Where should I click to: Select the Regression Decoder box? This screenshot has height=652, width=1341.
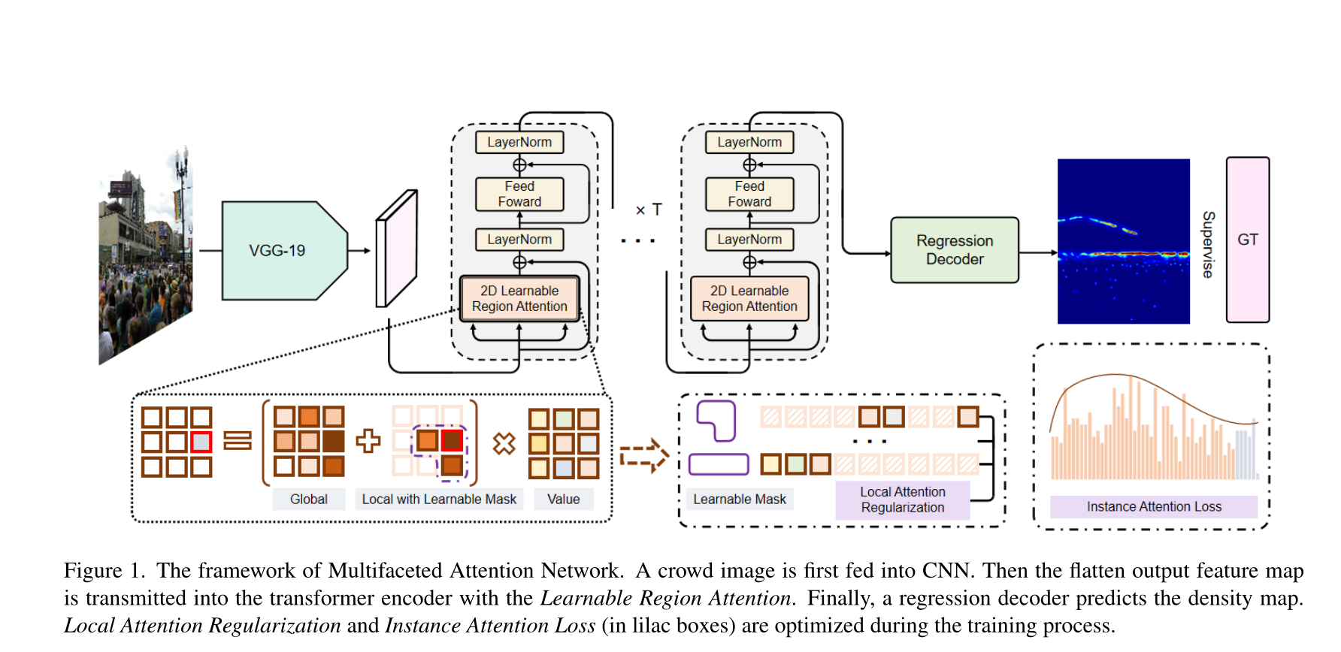coord(955,250)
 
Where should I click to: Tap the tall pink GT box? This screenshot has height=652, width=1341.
coord(1248,240)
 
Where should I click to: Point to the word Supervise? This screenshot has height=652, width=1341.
coord(1208,244)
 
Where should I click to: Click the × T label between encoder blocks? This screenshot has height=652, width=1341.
coord(649,210)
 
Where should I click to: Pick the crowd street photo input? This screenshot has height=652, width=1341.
coord(145,255)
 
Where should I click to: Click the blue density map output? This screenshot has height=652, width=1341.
coord(1123,241)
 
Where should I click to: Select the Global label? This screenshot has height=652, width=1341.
coord(308,500)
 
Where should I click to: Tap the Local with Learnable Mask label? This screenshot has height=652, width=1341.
coord(439,500)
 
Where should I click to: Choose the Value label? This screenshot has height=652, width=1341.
coord(563,500)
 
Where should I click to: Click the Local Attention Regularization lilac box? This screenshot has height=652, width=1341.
coord(902,500)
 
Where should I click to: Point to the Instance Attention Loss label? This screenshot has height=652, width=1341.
coord(1154,507)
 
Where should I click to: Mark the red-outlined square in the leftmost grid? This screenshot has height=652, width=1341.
coord(201,442)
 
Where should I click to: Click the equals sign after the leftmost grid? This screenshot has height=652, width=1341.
coord(238,441)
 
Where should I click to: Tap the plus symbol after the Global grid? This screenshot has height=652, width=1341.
coord(368,441)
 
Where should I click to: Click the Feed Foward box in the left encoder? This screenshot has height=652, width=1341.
coord(519,194)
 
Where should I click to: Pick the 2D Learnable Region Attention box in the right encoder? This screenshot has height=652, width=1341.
coord(749,299)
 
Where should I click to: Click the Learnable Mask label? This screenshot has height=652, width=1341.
coord(739,500)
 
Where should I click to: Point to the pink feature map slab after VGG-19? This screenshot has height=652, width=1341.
coord(396,249)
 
